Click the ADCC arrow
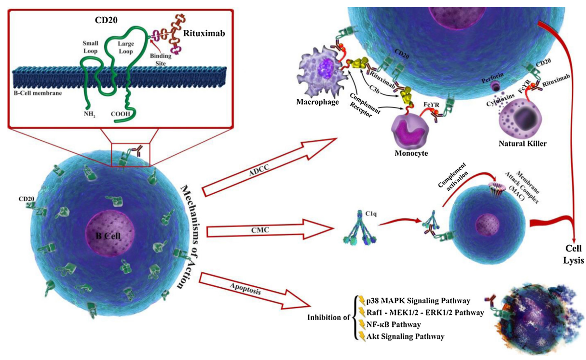pos(270,167)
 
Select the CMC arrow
pos(270,229)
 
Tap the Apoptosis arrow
pos(255,291)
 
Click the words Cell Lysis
pos(573,254)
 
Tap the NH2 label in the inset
pos(90,115)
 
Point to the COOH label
pos(121,114)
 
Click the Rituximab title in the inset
pos(204,33)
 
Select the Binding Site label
pos(161,59)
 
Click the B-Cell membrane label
pos(38,93)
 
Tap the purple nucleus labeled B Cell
pos(110,233)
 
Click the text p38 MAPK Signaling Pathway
pos(418,301)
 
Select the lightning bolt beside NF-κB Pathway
pos(362,324)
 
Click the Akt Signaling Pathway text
pos(405,336)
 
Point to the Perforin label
pos(492,78)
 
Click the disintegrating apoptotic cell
pos(539,319)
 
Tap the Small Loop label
pos(91,47)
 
